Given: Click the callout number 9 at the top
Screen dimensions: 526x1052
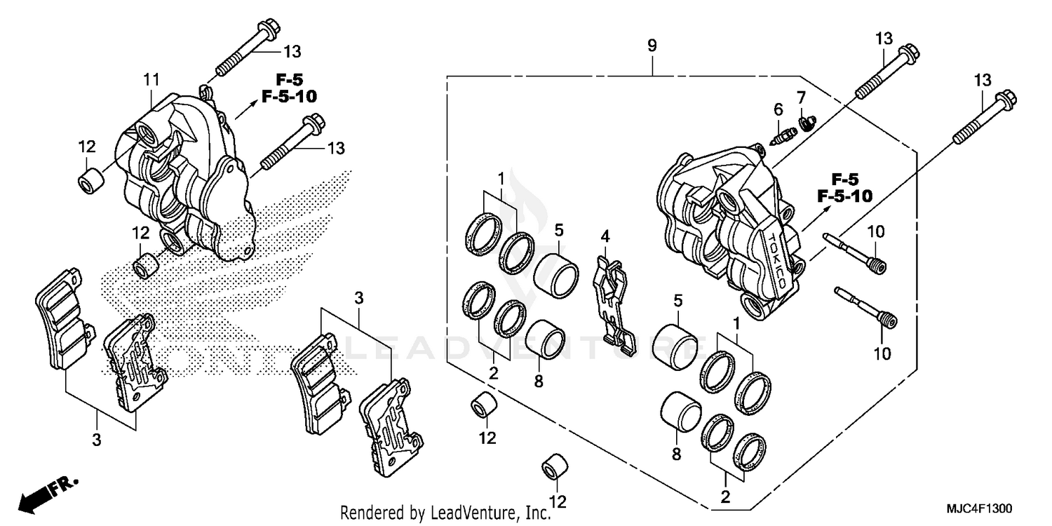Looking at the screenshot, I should [652, 46].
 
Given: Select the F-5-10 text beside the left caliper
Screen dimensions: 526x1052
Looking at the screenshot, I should [289, 97].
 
